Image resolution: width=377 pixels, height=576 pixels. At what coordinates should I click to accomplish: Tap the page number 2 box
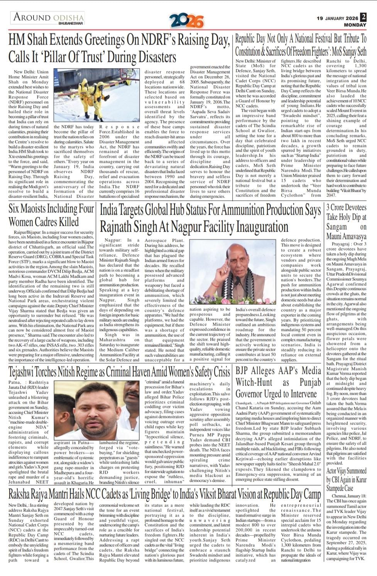pos(363,17)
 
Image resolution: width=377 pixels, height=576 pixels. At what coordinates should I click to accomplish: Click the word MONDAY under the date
pos(355,25)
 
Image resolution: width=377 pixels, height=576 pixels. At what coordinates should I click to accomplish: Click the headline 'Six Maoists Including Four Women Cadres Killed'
pos(51,215)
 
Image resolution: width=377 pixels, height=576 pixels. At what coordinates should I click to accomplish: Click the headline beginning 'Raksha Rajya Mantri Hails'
pos(164,494)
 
